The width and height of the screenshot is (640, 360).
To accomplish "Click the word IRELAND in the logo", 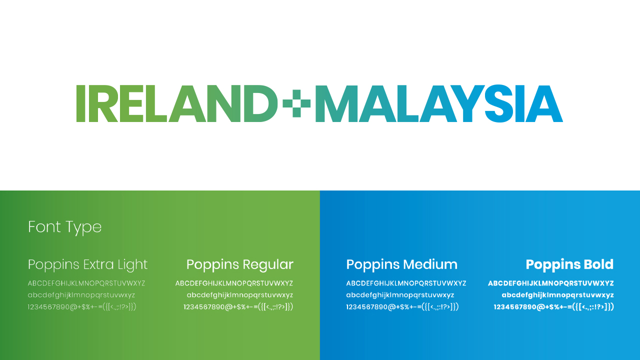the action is tap(177, 103).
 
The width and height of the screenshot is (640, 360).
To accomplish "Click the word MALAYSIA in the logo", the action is tap(439, 103).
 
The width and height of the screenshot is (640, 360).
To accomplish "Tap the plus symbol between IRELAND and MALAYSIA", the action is tap(296, 103).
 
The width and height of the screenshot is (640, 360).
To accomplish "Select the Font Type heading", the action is tap(65, 227).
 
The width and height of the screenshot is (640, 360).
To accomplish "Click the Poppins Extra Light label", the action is tap(87, 265).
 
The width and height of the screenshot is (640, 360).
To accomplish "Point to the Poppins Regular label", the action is tap(240, 265).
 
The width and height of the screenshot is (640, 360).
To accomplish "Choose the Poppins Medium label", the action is tap(401, 265).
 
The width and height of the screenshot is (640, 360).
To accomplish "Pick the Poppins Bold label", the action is tap(569, 265).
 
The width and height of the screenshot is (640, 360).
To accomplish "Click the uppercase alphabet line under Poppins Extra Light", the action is tap(86, 283).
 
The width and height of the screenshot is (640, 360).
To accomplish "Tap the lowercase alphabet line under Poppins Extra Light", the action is tap(81, 295).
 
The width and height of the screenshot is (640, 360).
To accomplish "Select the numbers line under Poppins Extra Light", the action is tap(82, 307).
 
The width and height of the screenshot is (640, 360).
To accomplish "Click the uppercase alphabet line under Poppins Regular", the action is tap(234, 283).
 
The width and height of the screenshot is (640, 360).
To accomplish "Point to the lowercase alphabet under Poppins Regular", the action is tap(240, 295).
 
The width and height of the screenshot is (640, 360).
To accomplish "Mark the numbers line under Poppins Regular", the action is tap(238, 307).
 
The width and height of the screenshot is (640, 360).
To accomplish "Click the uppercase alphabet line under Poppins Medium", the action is tap(406, 283).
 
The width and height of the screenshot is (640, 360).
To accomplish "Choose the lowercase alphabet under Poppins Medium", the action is tap(400, 295).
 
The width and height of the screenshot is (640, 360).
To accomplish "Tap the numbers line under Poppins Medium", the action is tap(402, 307).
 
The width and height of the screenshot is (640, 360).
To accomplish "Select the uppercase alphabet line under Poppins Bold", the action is tap(551, 283).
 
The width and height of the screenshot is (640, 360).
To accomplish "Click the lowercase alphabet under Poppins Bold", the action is tap(557, 295).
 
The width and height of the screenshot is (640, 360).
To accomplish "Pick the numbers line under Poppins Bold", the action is tap(553, 307).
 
